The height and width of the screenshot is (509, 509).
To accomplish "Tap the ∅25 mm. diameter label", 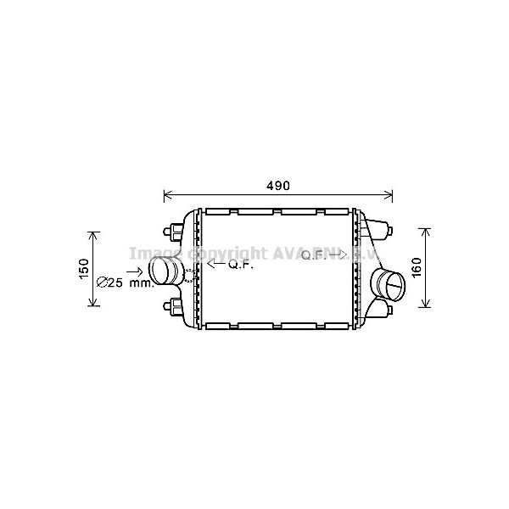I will point(124,283).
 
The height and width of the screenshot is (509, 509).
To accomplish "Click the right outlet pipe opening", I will point(394,287).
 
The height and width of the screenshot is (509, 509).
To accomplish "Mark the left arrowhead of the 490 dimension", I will point(167,195).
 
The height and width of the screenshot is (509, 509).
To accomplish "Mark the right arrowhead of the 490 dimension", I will point(390,195).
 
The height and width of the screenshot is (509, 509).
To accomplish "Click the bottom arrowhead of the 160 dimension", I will point(427,305).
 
